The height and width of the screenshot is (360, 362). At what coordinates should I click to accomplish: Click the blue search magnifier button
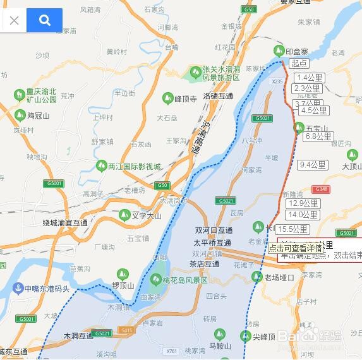44,20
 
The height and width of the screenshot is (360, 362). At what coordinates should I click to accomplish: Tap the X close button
15,20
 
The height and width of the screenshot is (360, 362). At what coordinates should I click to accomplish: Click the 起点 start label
299,63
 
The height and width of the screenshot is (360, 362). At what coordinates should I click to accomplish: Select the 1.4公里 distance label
309,78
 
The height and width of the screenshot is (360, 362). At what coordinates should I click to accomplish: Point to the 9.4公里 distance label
313,165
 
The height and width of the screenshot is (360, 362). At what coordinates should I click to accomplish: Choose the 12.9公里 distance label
303,203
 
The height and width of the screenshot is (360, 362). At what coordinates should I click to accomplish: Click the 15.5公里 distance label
292,229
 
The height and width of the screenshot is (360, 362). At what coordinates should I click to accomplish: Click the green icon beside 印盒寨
278,51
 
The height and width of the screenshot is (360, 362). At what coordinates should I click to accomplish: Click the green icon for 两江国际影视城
100,166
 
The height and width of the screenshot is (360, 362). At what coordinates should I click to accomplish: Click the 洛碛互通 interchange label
218,97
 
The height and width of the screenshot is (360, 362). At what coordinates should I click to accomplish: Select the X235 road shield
277,81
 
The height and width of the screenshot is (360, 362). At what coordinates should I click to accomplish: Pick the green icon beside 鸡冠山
20,116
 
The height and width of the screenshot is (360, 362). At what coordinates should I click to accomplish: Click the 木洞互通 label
79,336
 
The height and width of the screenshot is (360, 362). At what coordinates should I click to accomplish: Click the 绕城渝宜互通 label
65,223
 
